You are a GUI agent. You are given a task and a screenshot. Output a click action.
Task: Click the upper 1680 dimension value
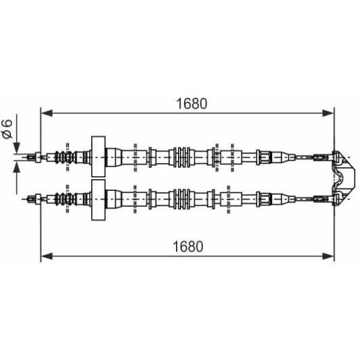click(x=192, y=104)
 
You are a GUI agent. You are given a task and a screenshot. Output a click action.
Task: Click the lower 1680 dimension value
click(x=188, y=246)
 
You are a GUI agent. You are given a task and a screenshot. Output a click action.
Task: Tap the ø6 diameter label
click(x=7, y=129)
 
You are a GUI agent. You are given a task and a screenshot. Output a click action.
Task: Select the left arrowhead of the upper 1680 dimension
click(x=47, y=113)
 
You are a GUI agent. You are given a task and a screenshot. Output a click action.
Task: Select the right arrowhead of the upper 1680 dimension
click(x=328, y=113)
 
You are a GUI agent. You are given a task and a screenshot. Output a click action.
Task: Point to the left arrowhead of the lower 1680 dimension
click(x=47, y=256)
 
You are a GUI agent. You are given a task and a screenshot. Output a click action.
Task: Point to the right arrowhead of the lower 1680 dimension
click(x=328, y=256)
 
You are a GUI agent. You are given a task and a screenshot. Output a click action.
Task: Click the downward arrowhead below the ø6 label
click(x=16, y=148)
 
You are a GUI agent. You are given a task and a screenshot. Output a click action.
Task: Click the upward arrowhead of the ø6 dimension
click(x=16, y=167)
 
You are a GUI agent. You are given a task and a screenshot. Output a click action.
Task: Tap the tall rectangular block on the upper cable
click(x=98, y=156)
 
